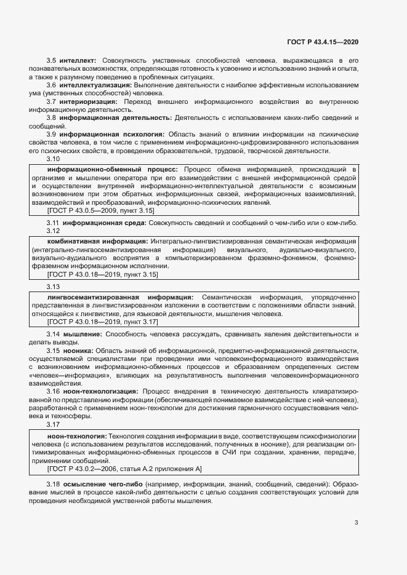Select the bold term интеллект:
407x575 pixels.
coord(78,61)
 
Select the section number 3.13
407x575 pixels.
coord(54,287)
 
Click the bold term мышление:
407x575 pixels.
coord(82,334)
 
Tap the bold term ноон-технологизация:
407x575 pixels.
coord(100,391)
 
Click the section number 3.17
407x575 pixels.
coord(54,424)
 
